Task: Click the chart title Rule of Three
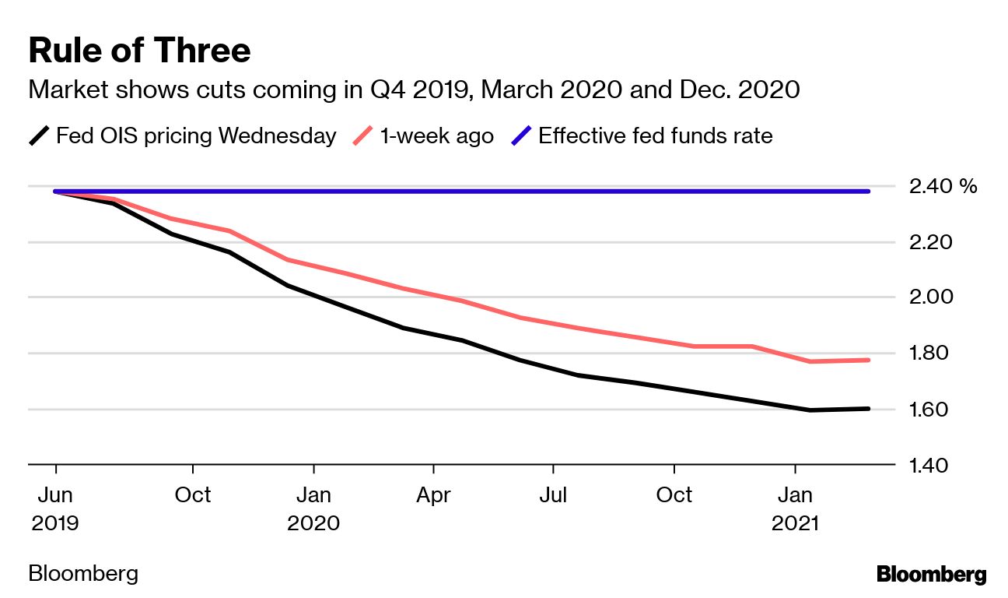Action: point(139,51)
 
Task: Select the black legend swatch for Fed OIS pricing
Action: point(39,136)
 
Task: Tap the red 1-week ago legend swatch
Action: point(363,136)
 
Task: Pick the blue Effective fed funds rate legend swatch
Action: point(520,136)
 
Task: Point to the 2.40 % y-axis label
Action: point(942,186)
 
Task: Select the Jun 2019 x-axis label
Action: point(55,508)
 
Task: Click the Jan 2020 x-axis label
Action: point(313,508)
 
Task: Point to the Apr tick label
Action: point(433,495)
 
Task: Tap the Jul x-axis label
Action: point(553,495)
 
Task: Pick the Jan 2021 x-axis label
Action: point(795,508)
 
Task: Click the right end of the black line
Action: point(868,409)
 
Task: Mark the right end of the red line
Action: point(868,360)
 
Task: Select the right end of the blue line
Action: point(868,191)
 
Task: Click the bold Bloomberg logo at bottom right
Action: point(931,575)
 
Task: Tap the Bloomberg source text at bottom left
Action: point(83,575)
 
